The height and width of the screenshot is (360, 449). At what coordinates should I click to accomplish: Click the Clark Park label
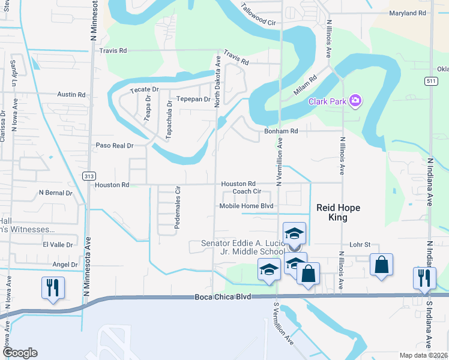click(x=327, y=101)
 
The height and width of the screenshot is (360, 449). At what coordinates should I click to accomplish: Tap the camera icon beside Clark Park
click(x=355, y=101)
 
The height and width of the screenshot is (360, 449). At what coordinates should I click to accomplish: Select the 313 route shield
click(x=89, y=176)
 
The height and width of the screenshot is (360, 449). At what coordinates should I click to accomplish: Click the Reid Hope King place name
click(x=339, y=212)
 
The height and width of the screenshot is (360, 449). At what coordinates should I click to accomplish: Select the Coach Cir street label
click(x=247, y=191)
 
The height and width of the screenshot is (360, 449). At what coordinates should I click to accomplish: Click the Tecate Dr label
click(x=144, y=89)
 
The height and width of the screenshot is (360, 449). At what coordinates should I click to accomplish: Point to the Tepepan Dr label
click(x=193, y=99)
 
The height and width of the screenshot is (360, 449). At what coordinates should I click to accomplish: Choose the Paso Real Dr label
click(x=114, y=145)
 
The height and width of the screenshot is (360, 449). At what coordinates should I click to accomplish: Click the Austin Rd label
click(x=71, y=95)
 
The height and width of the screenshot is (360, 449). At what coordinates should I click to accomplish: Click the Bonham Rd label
click(x=282, y=131)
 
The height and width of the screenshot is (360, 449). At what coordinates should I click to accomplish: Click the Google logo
click(x=20, y=353)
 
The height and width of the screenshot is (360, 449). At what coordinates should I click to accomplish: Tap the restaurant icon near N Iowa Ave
click(x=52, y=287)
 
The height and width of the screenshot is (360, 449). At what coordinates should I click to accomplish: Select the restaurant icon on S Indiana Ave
click(x=424, y=278)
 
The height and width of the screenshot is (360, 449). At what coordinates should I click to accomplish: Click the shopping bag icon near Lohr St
click(x=381, y=264)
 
